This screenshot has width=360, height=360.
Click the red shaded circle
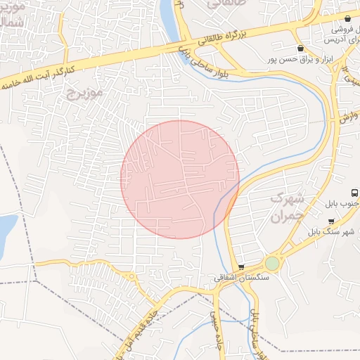[x=179, y=179]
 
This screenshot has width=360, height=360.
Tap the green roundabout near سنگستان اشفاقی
[x=272, y=264]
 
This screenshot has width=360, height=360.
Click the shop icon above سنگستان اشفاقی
[x=242, y=267]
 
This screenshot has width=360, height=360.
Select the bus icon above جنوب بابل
[x=354, y=193]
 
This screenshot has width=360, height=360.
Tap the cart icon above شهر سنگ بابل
[x=331, y=221]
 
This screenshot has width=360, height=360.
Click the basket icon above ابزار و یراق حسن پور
[x=301, y=49]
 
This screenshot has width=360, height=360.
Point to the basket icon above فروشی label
[x=348, y=18]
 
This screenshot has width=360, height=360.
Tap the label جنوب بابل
[x=341, y=204]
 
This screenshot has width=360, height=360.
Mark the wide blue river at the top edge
[x=169, y=14]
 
